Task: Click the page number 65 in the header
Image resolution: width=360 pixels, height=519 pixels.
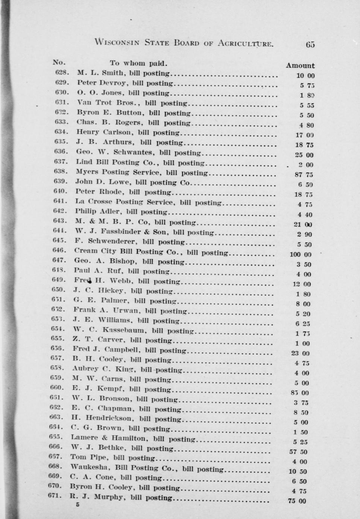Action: tap(310, 44)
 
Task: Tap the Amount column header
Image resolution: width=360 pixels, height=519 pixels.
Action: tap(300, 65)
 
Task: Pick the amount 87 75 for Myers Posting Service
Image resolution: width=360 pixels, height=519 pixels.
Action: tap(304, 175)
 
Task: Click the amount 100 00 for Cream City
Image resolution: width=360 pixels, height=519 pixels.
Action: tap(300, 254)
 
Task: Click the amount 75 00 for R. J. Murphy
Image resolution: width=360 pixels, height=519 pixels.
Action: tap(297, 501)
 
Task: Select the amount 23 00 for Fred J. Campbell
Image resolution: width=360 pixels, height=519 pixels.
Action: tap(301, 353)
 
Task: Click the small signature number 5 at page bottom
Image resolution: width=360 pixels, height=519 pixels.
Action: tap(78, 505)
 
